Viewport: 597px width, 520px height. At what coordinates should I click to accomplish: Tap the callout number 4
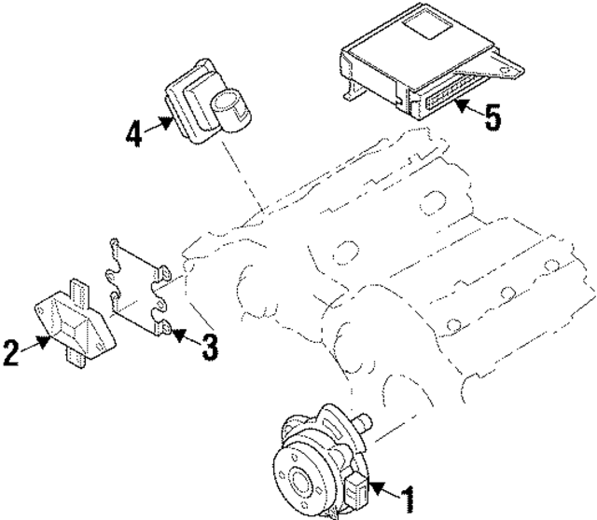tap(135, 132)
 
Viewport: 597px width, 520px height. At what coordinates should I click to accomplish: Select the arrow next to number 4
tap(162, 122)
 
